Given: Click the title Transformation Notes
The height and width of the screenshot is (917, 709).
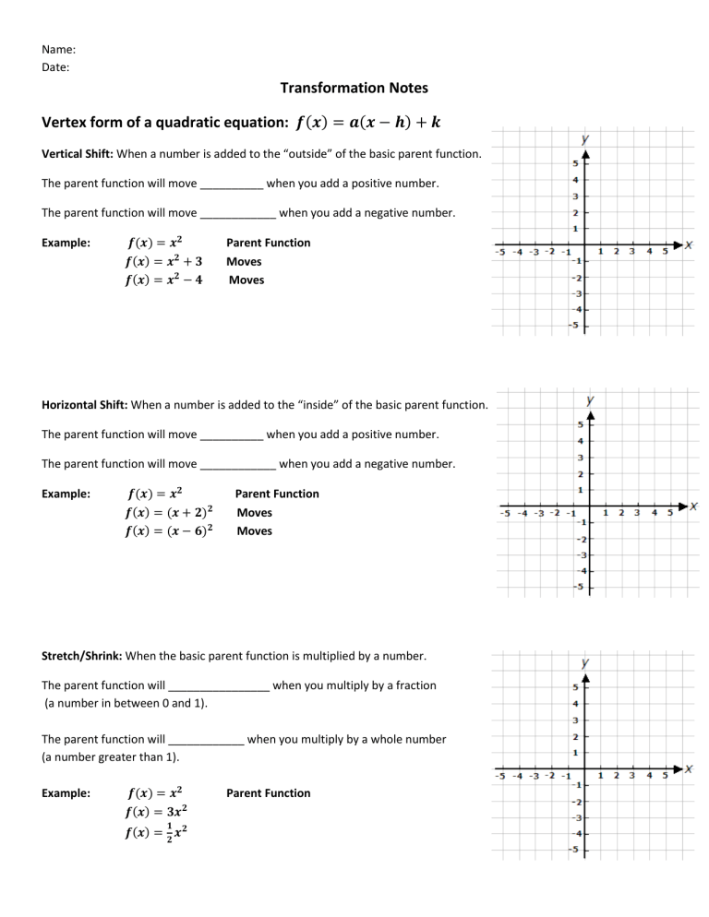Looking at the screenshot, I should (x=354, y=88).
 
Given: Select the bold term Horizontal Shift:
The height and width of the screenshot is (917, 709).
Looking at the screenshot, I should (x=86, y=404).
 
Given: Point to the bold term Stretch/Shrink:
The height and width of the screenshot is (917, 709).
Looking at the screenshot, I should (x=82, y=656).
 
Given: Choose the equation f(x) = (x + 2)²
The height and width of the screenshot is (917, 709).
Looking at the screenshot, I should (x=170, y=512).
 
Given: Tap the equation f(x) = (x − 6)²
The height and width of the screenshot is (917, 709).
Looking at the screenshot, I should (x=170, y=530).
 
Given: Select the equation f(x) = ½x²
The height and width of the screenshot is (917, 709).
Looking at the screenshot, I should (x=158, y=832).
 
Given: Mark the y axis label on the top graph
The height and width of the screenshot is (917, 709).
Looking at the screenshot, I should (x=586, y=139).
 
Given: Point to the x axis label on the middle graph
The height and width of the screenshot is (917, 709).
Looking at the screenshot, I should (x=693, y=506).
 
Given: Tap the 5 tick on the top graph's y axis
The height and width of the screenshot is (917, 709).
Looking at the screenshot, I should (x=577, y=163).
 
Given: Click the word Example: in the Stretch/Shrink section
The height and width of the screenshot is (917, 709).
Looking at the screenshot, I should (x=66, y=792).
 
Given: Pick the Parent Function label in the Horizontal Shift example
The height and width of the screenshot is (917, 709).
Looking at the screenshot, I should (x=277, y=494).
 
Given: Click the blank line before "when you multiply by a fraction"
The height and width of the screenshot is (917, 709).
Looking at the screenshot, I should (x=219, y=687).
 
